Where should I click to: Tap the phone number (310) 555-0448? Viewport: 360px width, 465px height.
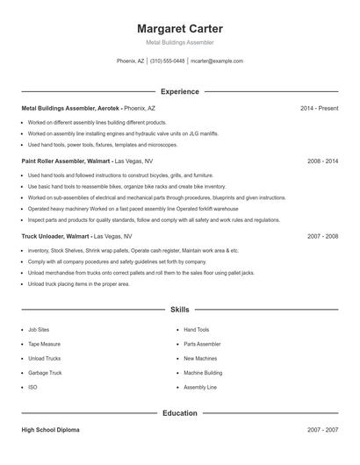167,61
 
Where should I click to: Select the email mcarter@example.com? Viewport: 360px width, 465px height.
217,61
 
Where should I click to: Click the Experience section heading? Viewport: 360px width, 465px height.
179,91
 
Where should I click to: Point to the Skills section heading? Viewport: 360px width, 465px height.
179,310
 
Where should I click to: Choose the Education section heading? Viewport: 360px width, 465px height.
179,412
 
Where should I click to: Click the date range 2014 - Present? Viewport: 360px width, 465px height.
319,108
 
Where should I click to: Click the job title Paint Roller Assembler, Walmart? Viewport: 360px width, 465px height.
66,161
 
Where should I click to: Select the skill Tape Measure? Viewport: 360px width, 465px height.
44,344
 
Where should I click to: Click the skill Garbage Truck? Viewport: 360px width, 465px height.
45,373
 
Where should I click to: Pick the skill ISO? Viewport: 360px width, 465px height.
32,387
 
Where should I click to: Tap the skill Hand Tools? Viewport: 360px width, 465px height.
197,330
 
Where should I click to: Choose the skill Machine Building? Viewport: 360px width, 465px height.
203,373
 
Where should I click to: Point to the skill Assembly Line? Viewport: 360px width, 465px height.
200,387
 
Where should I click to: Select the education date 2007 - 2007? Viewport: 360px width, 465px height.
322,431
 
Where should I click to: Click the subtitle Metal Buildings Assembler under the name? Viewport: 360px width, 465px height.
179,42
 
